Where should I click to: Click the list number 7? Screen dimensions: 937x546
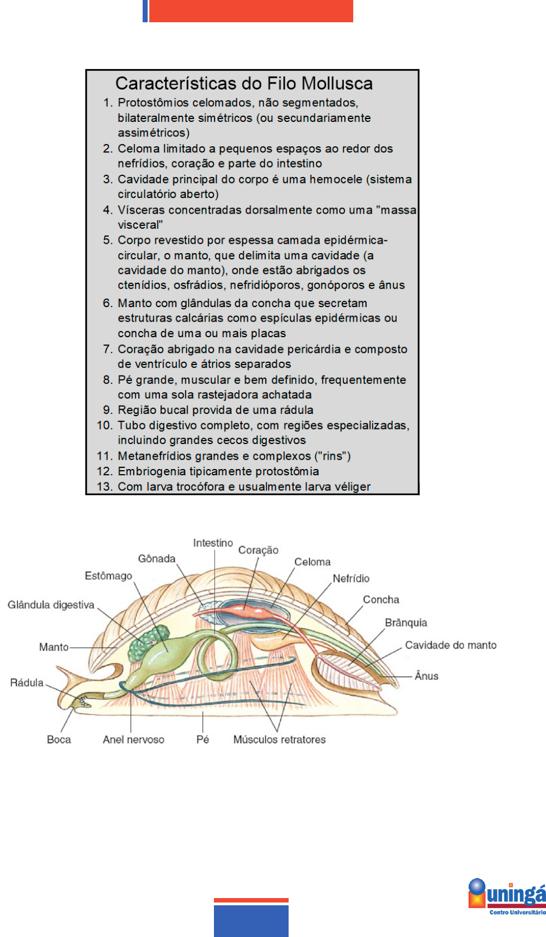(x=108, y=349)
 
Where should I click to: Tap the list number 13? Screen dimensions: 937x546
(x=104, y=487)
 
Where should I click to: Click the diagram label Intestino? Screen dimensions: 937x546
(x=213, y=543)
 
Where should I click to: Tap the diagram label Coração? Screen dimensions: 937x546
(x=258, y=550)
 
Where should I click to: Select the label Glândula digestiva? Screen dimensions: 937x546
(x=51, y=605)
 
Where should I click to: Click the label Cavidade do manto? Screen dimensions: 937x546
(x=450, y=645)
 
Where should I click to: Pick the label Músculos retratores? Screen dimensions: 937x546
(x=279, y=739)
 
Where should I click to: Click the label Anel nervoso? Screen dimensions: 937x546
(x=133, y=739)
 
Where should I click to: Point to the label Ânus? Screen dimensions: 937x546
(x=426, y=676)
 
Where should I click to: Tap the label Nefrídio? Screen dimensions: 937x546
(x=351, y=579)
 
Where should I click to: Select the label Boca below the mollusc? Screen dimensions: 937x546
(x=58, y=739)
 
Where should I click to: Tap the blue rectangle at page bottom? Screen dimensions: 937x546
(x=251, y=921)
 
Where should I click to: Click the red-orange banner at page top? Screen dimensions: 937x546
(x=251, y=11)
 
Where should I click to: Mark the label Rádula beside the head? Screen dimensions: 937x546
(x=26, y=683)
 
